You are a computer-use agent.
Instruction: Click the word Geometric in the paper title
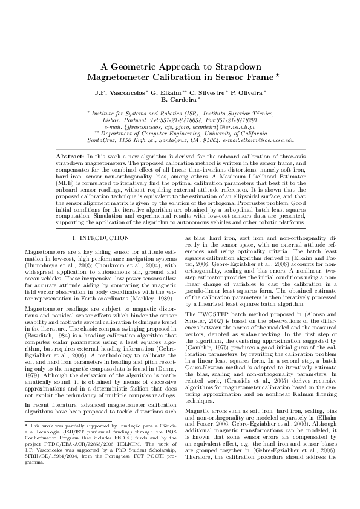point(139,67)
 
